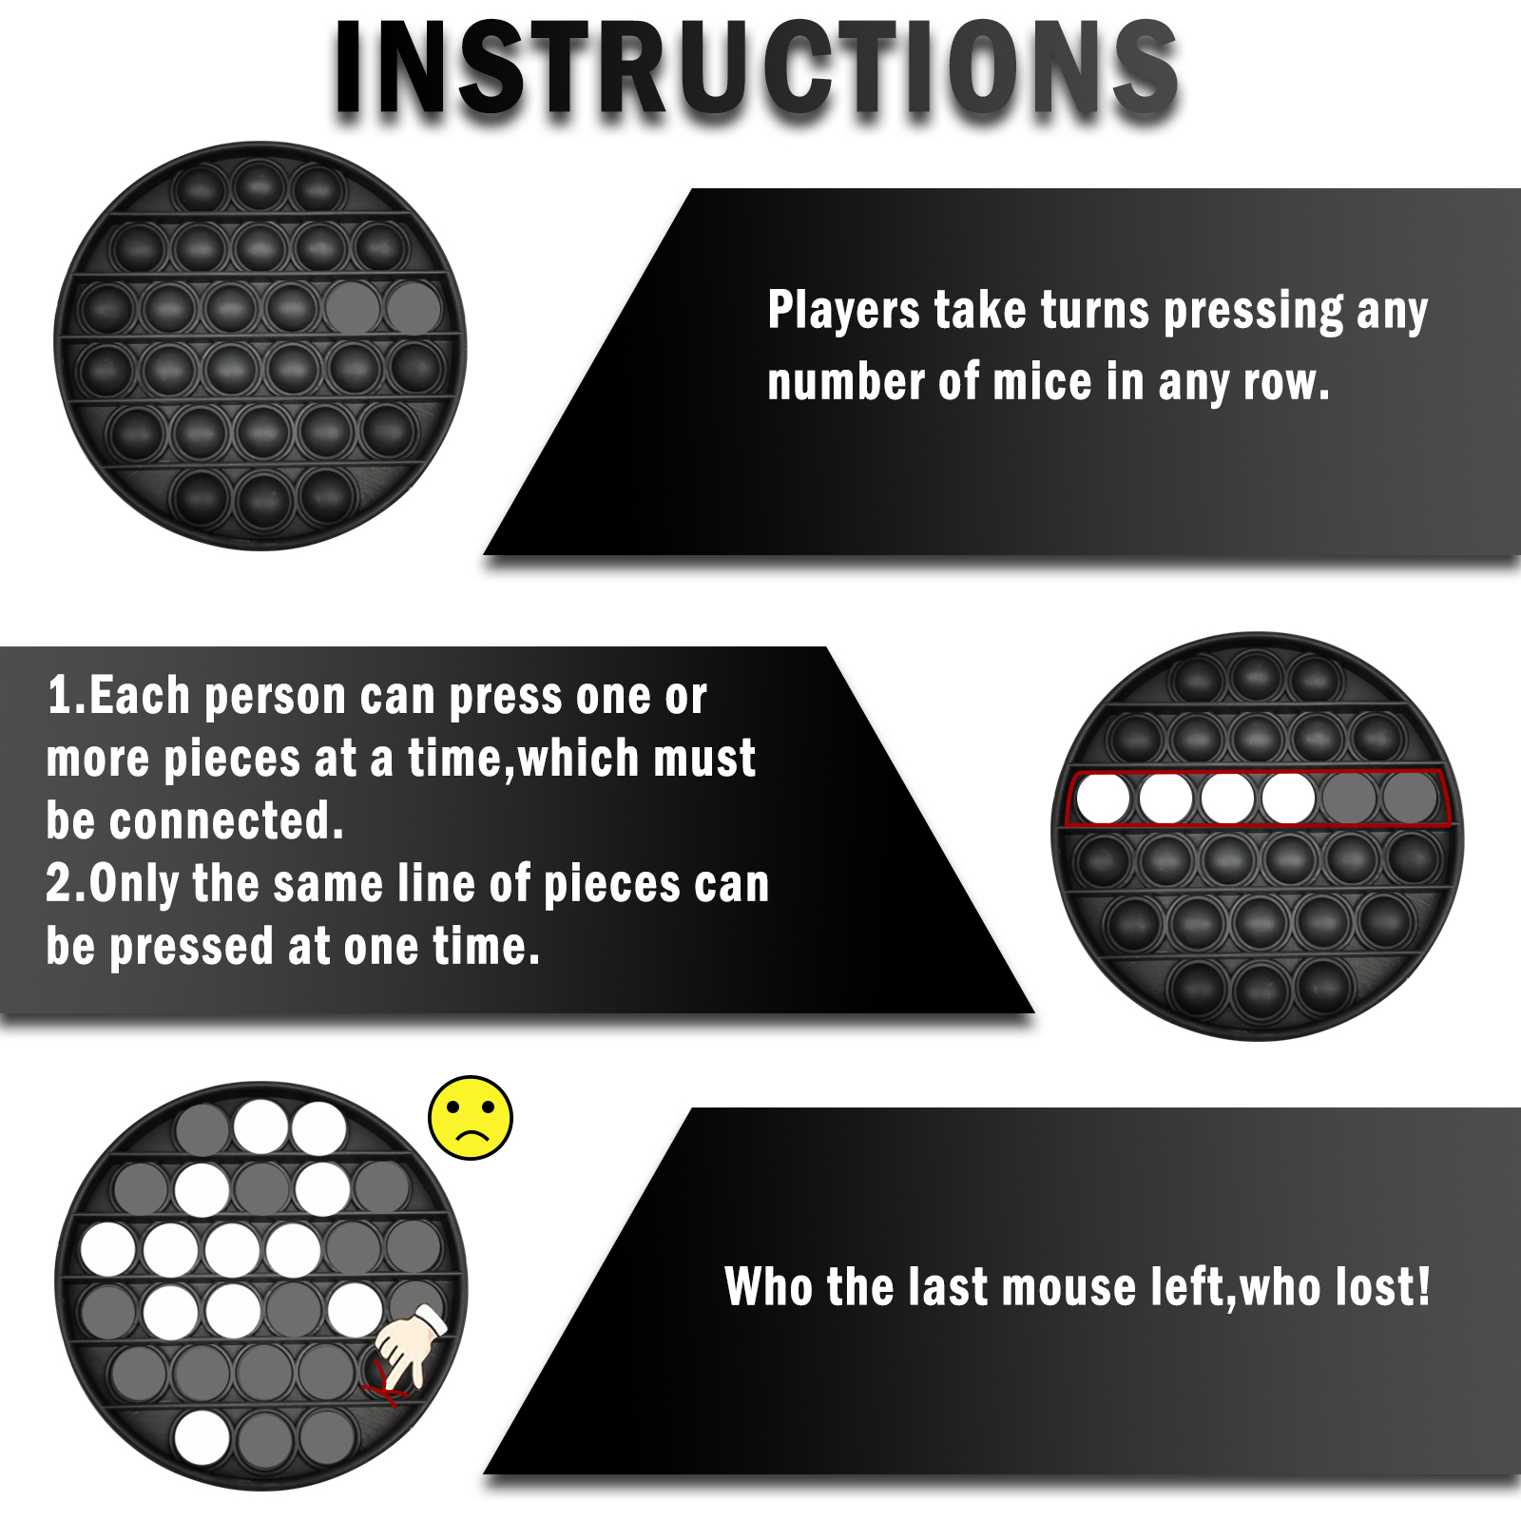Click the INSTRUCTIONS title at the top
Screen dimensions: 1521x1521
tap(757, 68)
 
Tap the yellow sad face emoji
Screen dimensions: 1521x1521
tap(471, 1118)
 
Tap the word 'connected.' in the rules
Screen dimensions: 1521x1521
tap(226, 820)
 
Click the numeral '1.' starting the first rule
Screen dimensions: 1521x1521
tap(67, 695)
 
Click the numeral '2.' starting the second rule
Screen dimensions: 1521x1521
tap(67, 883)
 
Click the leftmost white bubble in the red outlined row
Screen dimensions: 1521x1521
tap(1104, 799)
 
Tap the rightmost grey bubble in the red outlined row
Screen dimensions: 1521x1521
tap(1410, 797)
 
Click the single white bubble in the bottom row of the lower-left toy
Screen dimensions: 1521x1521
tap(202, 1437)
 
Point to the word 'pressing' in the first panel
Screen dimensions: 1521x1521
tap(1254, 313)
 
